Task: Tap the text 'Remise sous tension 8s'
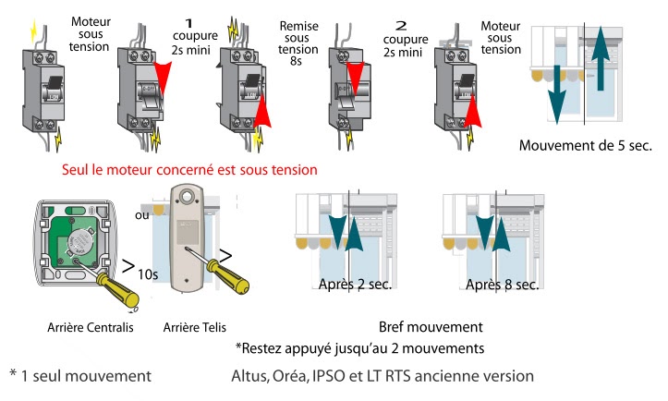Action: click(x=298, y=43)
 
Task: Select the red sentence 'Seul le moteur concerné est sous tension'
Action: click(x=189, y=170)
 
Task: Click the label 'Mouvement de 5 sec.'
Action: click(x=585, y=146)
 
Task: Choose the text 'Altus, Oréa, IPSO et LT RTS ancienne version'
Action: click(x=383, y=376)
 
